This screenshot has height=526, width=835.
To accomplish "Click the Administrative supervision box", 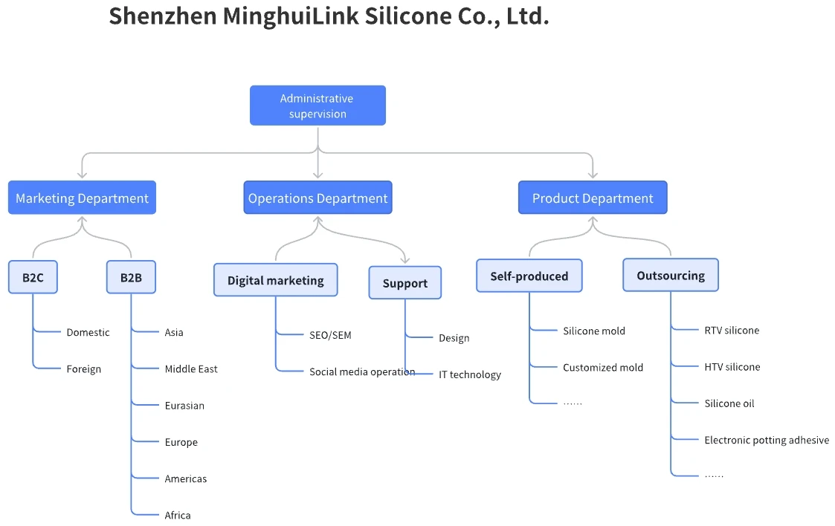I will tap(317, 105).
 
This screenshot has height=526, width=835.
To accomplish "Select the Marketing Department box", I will tap(82, 198).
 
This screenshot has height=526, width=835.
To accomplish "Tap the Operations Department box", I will tap(317, 198).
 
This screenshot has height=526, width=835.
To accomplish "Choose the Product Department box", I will tap(593, 198).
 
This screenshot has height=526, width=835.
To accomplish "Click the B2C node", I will tap(33, 278).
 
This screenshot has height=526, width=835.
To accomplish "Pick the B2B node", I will tap(131, 278).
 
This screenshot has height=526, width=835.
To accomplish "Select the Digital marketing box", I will tap(275, 280).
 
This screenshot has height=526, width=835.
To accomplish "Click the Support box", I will tap(404, 283).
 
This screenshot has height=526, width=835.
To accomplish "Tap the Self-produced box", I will tap(529, 276).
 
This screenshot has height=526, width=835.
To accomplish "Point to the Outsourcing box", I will tap(670, 276).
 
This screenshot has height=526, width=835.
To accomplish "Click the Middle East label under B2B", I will tap(191, 369).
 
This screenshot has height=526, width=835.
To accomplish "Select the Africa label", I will tap(178, 516).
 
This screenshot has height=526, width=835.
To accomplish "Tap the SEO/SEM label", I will tap(330, 336).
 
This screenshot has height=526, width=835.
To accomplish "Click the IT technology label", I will tap(469, 375).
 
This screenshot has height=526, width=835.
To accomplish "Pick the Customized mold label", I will tap(602, 368).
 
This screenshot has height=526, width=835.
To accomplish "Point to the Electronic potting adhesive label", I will tap(766, 441).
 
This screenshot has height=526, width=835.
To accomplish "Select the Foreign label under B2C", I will tap(83, 369).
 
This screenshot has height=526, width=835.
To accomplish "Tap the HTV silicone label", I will tap(732, 367).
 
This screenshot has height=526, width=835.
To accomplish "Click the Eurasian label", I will tap(184, 406).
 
